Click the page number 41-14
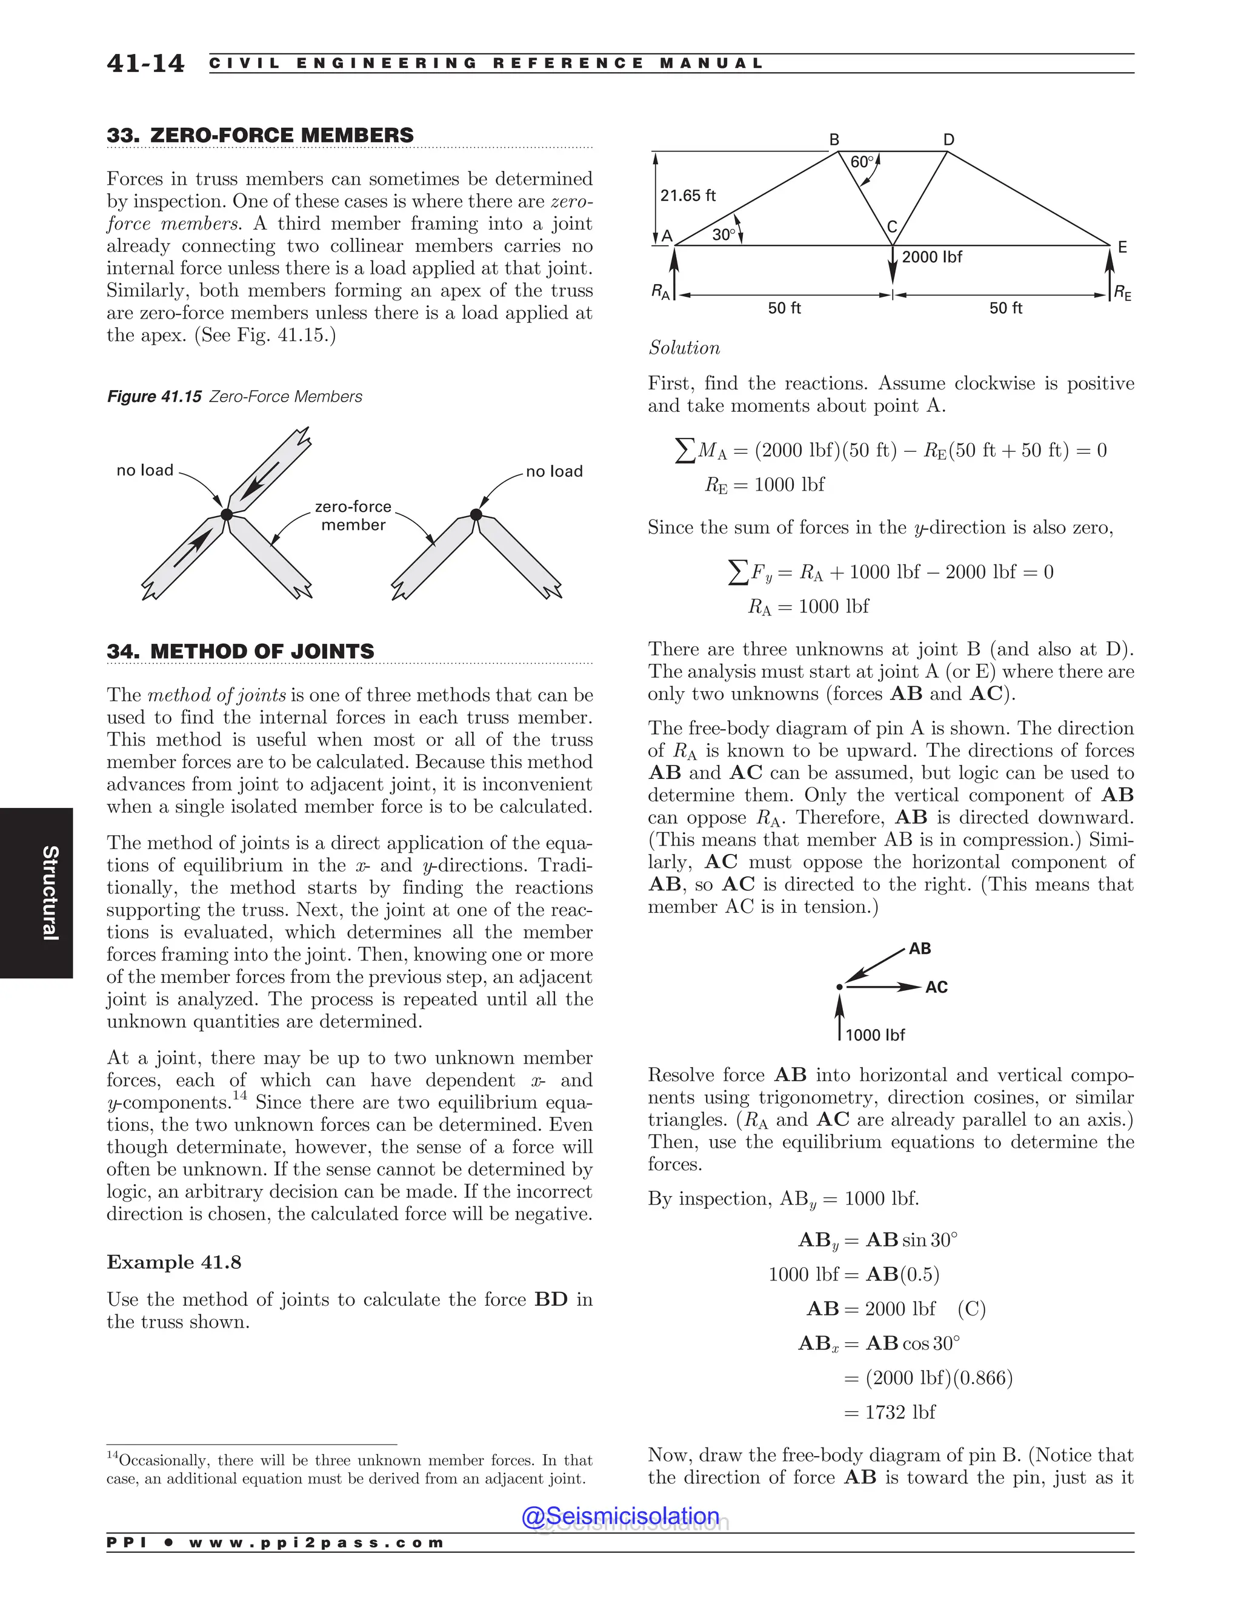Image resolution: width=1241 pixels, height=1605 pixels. pos(145,63)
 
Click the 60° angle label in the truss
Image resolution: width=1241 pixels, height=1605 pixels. pos(862,162)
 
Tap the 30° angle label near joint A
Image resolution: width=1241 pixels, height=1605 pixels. pos(724,234)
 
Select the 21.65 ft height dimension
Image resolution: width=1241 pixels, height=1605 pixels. pos(687,196)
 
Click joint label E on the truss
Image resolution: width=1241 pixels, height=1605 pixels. pos(1122,248)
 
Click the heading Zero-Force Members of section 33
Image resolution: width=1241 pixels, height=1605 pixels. pos(260,135)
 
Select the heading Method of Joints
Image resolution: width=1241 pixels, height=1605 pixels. pos(241,651)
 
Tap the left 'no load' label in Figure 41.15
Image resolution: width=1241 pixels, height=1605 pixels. pos(145,471)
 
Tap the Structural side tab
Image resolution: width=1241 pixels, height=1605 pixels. pos(49,893)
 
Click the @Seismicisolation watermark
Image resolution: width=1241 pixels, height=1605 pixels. pos(620,1516)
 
